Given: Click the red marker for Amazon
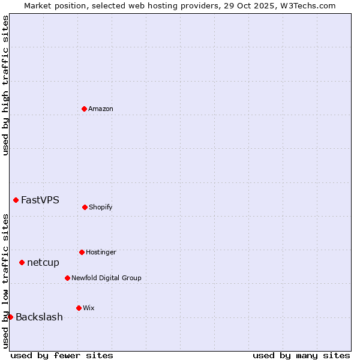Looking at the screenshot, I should (85, 109).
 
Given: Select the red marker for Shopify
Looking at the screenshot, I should (85, 207).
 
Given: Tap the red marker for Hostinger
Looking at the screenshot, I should (82, 252).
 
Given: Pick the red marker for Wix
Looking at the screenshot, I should (79, 308).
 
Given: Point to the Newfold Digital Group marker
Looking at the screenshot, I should (67, 278).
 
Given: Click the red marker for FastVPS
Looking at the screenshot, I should (16, 200).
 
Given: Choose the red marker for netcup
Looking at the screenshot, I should (22, 262).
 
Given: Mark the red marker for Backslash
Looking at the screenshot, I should (10, 317).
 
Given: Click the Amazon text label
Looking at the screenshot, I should (101, 109).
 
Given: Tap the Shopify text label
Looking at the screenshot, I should (101, 207).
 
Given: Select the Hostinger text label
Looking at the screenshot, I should (101, 252).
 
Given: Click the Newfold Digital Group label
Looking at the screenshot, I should (106, 278).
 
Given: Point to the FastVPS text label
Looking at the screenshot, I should (40, 200).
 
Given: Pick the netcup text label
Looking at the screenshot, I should (43, 262).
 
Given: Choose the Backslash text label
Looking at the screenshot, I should (39, 317).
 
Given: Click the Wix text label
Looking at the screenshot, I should (89, 308).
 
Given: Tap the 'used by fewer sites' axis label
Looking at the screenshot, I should (62, 355).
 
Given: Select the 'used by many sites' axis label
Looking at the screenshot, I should (301, 355).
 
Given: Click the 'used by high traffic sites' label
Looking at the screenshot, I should (5, 85).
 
